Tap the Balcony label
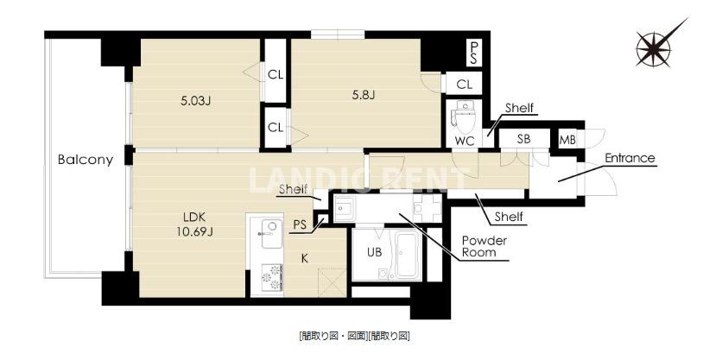86,160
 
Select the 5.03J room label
196,99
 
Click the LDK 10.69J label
198,222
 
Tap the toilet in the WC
463,116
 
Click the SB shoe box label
523,139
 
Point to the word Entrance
630,159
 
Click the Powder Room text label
484,246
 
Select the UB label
373,251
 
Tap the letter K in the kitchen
305,256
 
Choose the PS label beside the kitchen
300,224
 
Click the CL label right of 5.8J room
464,84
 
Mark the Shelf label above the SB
520,108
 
